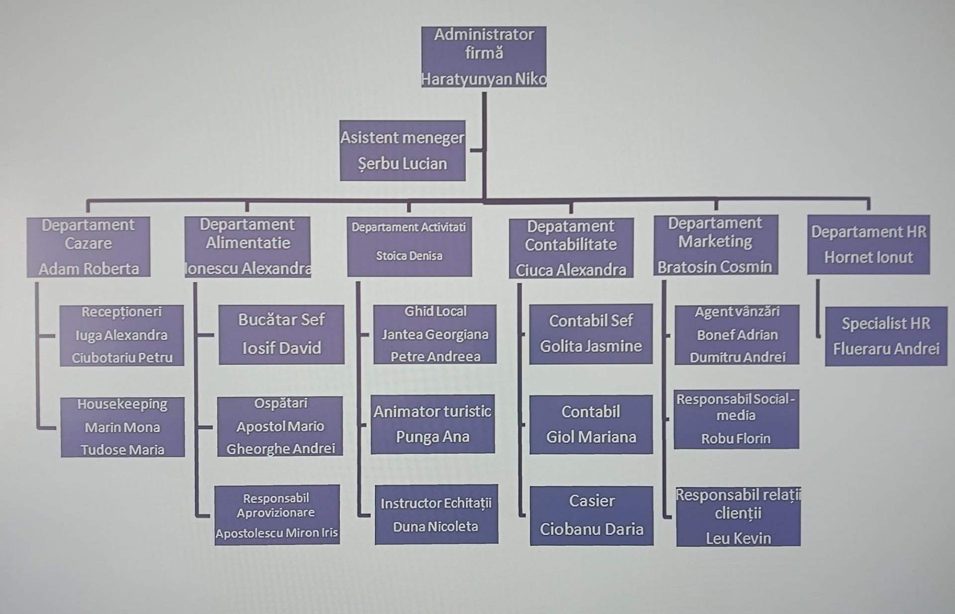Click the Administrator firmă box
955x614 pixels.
point(483,57)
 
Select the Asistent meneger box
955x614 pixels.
point(402,150)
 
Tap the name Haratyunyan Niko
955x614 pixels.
point(483,79)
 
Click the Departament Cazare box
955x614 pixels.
point(89,247)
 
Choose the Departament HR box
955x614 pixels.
point(868,244)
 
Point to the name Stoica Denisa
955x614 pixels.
point(409,256)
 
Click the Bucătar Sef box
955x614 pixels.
point(282,334)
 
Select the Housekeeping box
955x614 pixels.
point(122,427)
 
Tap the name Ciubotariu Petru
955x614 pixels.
point(122,358)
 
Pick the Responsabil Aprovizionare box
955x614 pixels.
point(277,515)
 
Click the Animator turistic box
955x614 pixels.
point(433,424)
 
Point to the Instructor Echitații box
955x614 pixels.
point(436,514)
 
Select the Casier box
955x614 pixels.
point(591,515)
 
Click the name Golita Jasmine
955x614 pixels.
point(591,346)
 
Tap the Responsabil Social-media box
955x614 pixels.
point(736,419)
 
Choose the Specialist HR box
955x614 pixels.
point(886,336)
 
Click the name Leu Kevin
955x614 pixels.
point(738,538)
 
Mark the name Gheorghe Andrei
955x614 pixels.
point(281,449)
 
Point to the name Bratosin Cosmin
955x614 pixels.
point(715,267)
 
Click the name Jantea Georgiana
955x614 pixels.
point(435,334)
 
